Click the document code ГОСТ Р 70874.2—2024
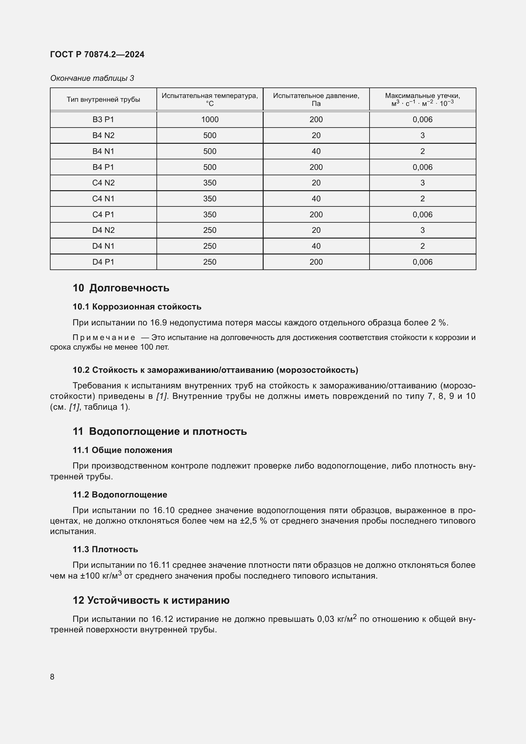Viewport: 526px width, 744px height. point(97,54)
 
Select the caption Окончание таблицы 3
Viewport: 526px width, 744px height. point(92,78)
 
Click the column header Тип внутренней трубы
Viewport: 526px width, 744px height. point(103,100)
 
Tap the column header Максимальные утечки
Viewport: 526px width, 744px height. point(422,96)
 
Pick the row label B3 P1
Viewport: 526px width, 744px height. point(103,120)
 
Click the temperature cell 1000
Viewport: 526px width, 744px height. point(210,120)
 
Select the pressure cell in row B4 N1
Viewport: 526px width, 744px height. point(316,151)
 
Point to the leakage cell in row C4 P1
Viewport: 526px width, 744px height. point(422,214)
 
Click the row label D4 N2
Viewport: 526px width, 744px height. point(103,230)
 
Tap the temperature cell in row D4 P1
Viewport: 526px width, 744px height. point(210,262)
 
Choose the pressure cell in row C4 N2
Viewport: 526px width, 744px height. point(316,183)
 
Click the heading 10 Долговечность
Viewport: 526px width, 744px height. point(121,288)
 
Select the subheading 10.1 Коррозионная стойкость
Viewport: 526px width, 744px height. point(137,307)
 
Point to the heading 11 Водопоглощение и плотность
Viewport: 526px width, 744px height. point(160,431)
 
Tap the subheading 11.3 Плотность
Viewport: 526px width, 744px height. point(105,549)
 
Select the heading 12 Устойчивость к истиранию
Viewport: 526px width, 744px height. point(151,600)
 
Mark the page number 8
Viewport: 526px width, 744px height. point(52,677)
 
